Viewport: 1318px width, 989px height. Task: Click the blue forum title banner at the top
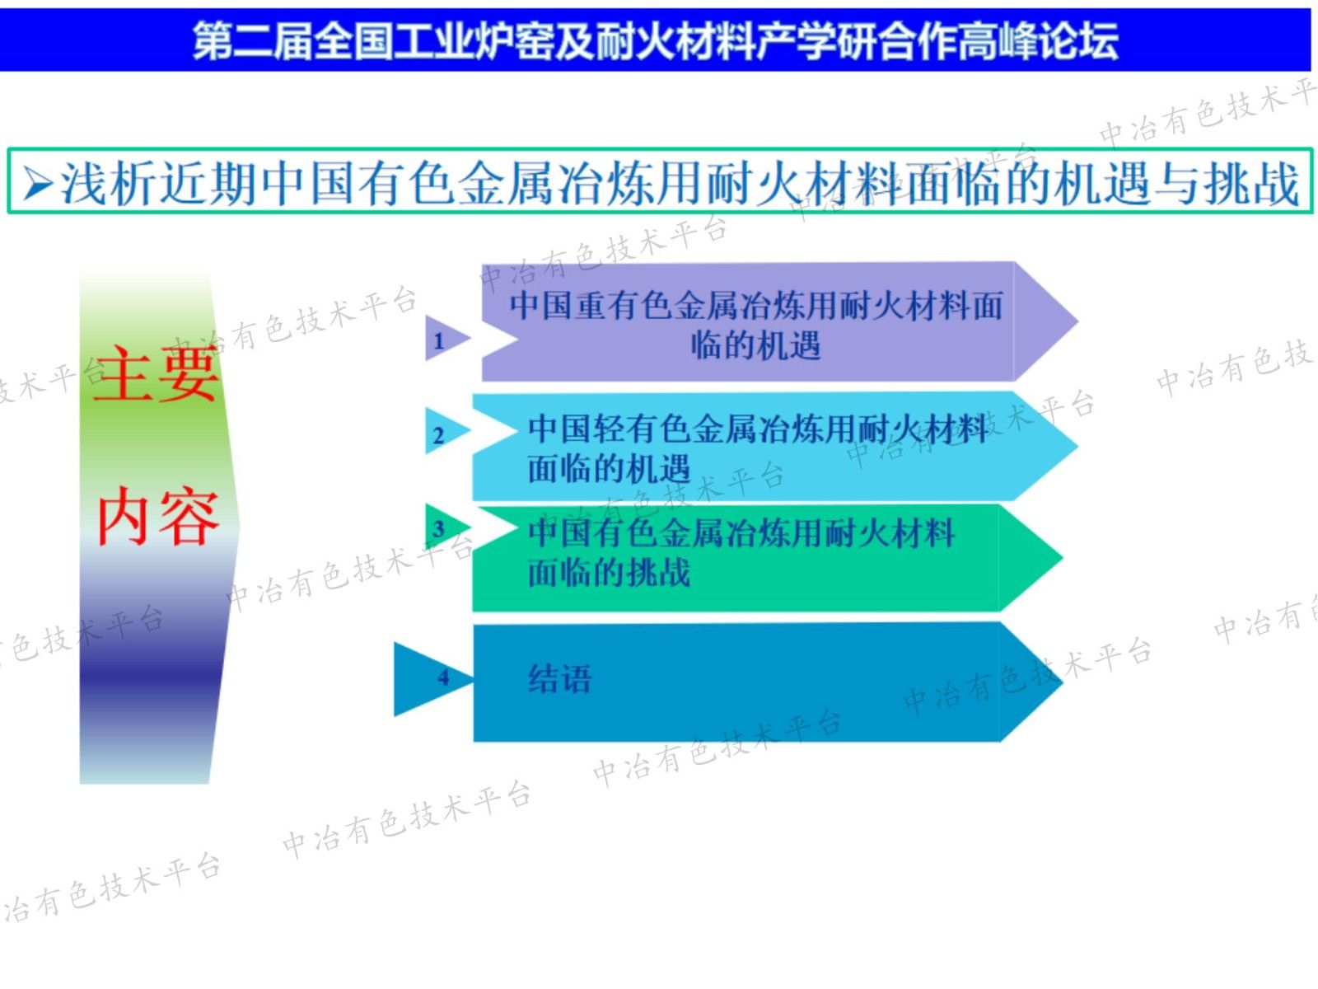[x=655, y=40]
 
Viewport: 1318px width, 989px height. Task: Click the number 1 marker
[x=440, y=340]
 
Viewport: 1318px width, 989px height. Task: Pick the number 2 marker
[x=439, y=434]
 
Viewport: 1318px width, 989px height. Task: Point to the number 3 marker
[x=439, y=528]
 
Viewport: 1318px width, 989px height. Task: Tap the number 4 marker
[x=443, y=677]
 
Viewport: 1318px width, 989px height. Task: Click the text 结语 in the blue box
[x=560, y=679]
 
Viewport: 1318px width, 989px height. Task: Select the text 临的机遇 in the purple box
[x=755, y=345]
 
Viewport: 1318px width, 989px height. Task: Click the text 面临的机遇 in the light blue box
[x=609, y=470]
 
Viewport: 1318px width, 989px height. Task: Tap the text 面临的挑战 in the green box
[x=609, y=572]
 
